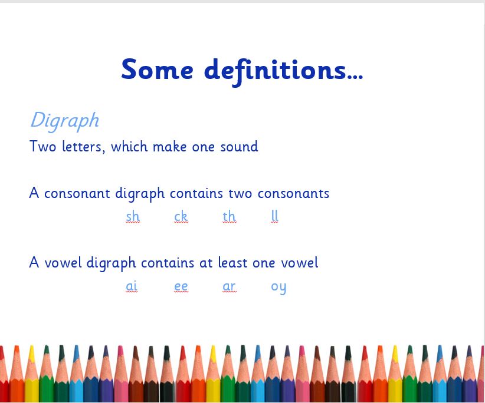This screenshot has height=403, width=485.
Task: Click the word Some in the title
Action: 157,69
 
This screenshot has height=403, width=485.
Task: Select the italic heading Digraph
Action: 65,121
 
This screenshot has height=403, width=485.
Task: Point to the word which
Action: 129,146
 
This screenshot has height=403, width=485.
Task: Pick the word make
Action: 169,146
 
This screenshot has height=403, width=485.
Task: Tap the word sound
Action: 239,146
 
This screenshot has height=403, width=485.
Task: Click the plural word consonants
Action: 293,194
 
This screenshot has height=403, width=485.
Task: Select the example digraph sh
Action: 133,216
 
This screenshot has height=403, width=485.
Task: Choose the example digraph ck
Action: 181,216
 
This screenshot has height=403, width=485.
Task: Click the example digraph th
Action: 229,216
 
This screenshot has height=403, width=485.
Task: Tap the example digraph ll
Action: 275,216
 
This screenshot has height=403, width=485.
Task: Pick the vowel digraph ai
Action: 132,286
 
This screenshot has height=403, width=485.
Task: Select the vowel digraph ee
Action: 181,286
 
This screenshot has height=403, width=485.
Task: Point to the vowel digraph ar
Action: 229,286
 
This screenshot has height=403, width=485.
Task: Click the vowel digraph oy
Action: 278,288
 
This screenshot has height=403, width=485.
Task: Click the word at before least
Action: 206,263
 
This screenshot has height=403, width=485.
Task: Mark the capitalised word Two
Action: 43,146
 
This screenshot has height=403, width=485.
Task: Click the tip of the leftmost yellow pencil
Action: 31,346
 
